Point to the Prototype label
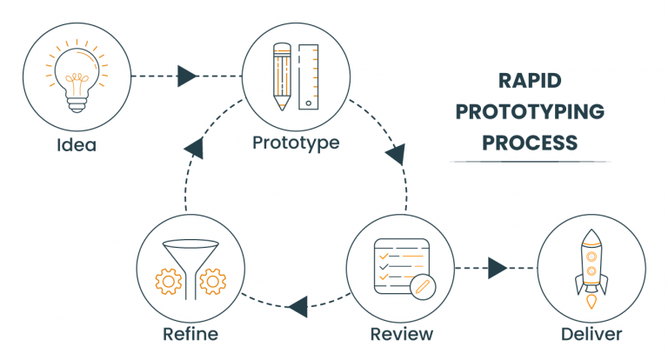296,141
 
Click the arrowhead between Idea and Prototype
186,77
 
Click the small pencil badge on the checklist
423,286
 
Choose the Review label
401,334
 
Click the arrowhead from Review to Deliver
498,267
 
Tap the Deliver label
591,334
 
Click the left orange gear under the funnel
167,282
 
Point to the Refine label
190,334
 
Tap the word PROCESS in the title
530,141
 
